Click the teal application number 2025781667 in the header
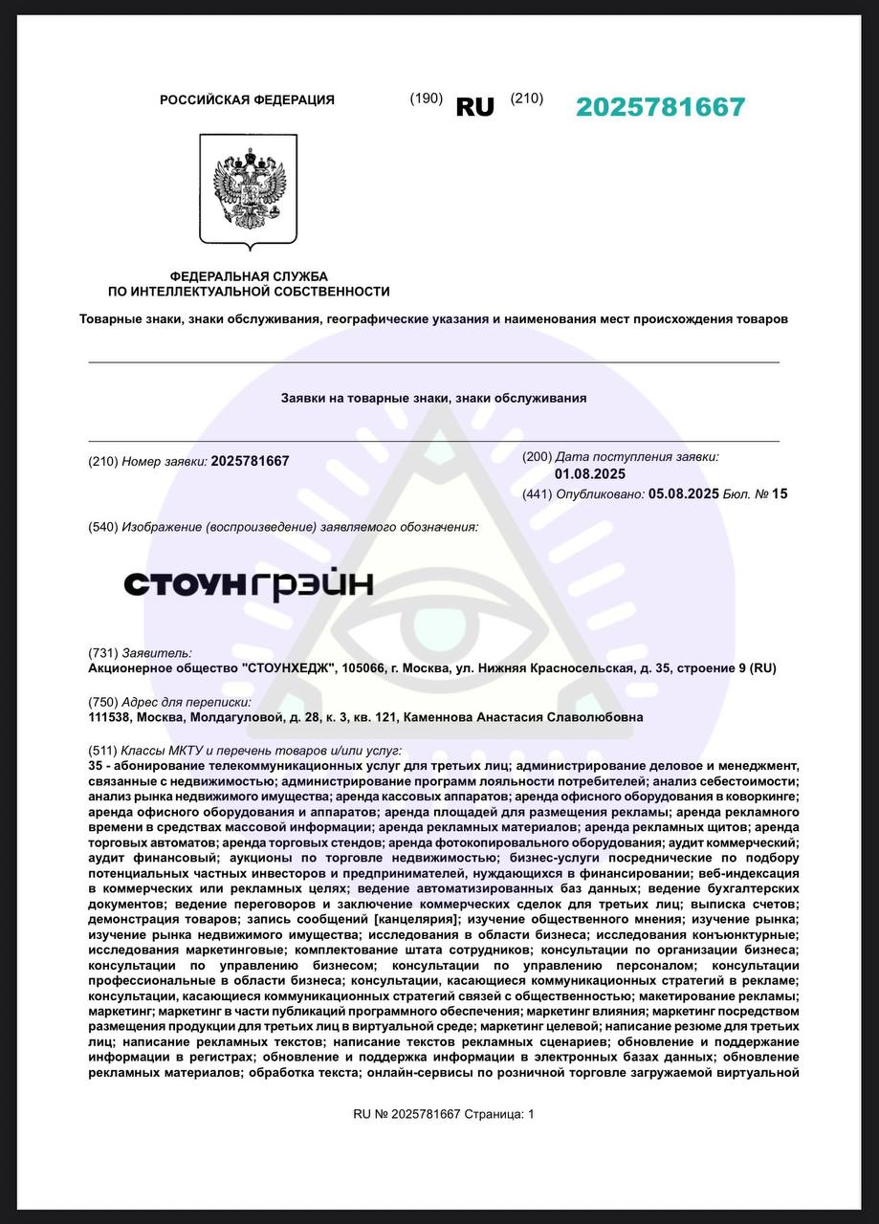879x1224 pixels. [x=660, y=107]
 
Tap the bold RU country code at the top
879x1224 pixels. [x=475, y=107]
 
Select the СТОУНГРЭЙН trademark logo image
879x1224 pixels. [x=249, y=585]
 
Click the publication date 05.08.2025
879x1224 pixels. [x=683, y=494]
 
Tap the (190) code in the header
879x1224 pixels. [x=426, y=98]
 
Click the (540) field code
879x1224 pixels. [x=102, y=527]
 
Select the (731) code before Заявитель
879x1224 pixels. [x=102, y=652]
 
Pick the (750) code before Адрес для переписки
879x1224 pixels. [x=102, y=702]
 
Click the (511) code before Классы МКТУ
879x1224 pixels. [x=102, y=751]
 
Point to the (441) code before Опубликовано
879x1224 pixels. [x=537, y=494]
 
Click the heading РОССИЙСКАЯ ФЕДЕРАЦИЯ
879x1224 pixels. [x=247, y=99]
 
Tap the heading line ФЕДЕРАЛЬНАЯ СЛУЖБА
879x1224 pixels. [x=249, y=276]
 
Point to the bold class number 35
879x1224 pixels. [x=95, y=766]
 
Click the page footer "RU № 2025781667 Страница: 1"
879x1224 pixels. [x=444, y=1114]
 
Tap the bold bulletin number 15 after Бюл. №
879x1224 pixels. [x=780, y=494]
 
